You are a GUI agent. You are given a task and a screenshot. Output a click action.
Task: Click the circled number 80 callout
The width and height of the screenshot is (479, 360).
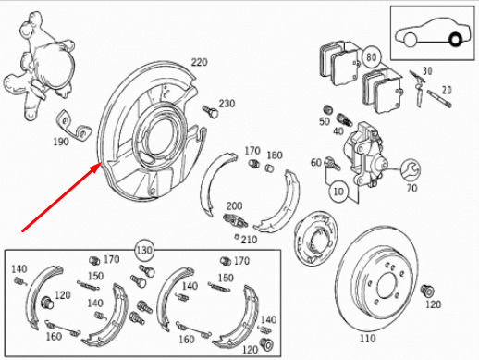click(372, 57)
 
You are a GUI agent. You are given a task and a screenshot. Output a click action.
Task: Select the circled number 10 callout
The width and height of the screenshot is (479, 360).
click(338, 192)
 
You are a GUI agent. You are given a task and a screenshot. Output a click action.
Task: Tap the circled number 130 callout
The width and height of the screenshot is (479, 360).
click(144, 250)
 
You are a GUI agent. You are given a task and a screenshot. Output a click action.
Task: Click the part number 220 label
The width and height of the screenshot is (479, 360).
click(199, 62)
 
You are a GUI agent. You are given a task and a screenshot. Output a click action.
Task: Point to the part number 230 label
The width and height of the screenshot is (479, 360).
click(227, 104)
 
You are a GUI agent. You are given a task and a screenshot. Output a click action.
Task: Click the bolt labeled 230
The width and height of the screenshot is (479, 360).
click(211, 111)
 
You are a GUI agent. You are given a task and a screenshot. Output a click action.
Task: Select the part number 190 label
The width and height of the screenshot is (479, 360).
click(61, 142)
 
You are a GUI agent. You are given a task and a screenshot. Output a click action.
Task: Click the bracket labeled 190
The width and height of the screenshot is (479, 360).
click(74, 126)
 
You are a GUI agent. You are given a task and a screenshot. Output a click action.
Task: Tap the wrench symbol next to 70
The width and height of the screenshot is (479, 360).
click(411, 169)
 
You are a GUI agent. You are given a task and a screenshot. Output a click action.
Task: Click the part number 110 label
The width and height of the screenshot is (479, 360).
click(367, 339)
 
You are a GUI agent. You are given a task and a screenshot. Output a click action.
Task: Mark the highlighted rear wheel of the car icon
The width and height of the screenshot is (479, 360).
click(455, 40)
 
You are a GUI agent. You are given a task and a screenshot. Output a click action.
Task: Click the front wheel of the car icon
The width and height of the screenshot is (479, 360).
click(410, 40)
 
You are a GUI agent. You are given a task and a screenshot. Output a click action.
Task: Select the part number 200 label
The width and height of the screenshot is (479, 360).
click(234, 205)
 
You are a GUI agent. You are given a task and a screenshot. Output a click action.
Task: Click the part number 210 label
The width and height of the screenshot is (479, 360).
click(249, 240)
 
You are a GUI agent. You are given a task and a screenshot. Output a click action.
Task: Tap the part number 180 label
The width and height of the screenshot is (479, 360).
click(275, 155)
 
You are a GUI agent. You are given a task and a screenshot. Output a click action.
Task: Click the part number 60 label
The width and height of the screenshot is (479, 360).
click(316, 162)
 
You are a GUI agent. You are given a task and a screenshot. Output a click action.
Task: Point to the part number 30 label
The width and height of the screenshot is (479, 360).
click(427, 71)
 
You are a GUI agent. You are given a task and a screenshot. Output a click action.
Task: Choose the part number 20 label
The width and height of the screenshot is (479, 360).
click(447, 90)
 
